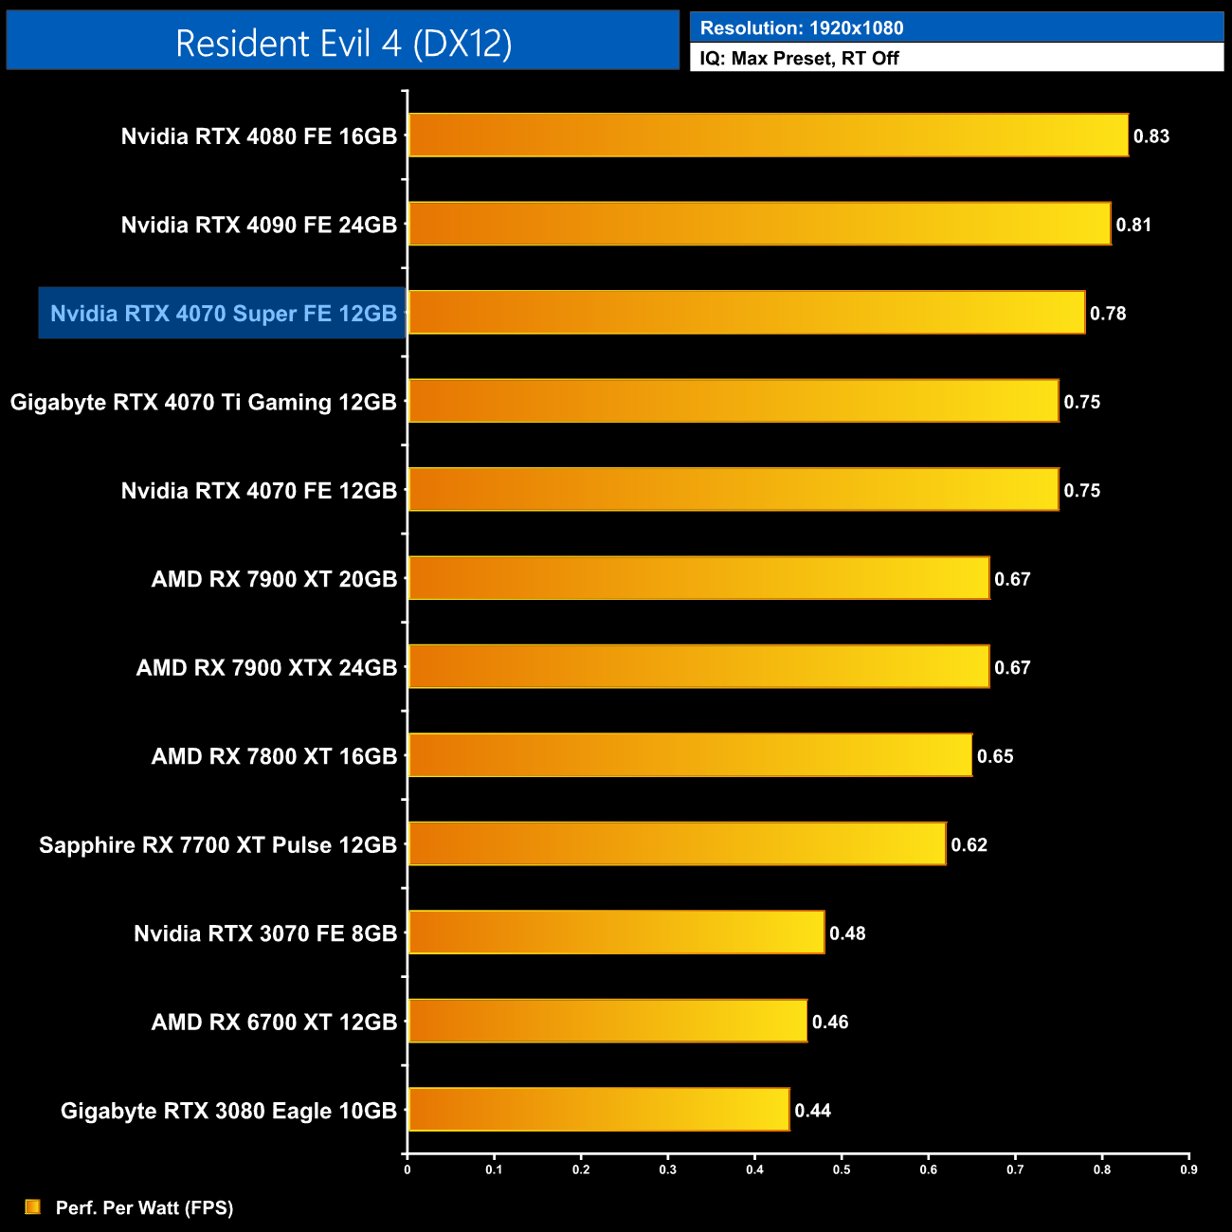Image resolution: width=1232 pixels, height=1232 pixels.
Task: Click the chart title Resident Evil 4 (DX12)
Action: tap(343, 43)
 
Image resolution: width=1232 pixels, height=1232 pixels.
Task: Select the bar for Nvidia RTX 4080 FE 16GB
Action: tap(768, 136)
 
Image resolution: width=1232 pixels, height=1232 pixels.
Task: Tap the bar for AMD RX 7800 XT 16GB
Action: tap(690, 755)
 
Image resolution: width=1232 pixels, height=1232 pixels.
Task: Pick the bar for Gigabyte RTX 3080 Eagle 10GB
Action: tap(599, 1110)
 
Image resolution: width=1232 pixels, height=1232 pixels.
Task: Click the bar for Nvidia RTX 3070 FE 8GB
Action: tap(616, 933)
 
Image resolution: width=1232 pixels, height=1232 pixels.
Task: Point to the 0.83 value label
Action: tap(1151, 136)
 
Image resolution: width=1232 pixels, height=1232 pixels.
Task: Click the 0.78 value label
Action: tap(1108, 314)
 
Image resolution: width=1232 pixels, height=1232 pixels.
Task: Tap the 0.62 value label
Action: tap(969, 845)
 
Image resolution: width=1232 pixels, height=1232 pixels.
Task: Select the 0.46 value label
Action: tap(830, 1023)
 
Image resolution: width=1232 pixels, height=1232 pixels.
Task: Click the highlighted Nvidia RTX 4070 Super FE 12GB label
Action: tap(224, 314)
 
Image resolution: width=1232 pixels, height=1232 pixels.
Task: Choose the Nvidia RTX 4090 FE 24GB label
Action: tap(259, 226)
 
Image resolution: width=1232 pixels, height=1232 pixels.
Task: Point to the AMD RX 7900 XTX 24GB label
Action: tap(266, 668)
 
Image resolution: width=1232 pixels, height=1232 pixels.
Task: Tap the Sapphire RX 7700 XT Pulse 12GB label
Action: tap(218, 845)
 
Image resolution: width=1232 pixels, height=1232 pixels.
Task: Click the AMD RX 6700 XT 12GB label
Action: tap(274, 1023)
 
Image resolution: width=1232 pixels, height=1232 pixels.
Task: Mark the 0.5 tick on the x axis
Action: tap(842, 1169)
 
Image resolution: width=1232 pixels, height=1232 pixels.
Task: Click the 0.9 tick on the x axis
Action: tap(1188, 1169)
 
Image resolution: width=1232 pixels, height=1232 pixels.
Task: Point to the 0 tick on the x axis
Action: tap(408, 1169)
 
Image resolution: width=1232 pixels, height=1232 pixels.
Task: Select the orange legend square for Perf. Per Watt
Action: tap(33, 1206)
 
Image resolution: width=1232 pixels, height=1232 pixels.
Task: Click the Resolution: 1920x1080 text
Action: tap(802, 28)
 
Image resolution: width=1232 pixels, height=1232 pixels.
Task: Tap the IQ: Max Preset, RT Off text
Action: tap(799, 59)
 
